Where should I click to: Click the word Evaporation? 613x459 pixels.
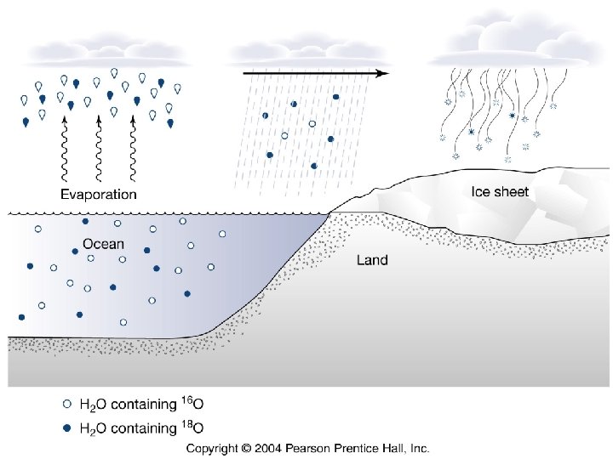(99, 194)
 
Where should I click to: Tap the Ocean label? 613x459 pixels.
(103, 244)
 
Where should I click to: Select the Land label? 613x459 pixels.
(372, 260)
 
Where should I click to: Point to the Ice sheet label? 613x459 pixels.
(500, 191)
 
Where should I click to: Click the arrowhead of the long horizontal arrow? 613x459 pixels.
(382, 73)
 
